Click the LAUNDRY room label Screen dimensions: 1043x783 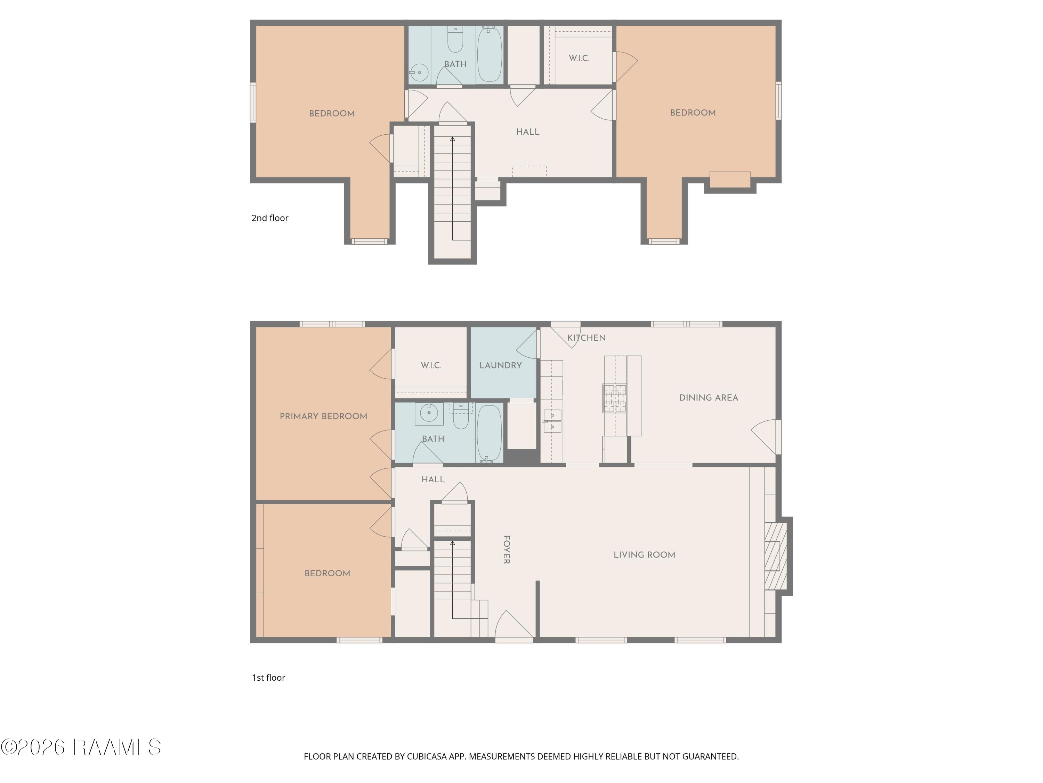(500, 365)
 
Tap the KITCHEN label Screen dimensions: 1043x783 (586, 338)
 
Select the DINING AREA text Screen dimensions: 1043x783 (708, 398)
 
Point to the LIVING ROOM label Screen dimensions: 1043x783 (644, 555)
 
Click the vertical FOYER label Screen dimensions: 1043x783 (507, 549)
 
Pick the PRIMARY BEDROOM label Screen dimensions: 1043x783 (323, 416)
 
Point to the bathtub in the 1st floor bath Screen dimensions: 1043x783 (489, 433)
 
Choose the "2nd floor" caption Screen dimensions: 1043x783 (270, 218)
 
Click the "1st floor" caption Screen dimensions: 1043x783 (268, 678)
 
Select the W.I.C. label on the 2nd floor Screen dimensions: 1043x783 (579, 58)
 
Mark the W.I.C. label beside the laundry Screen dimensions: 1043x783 (431, 365)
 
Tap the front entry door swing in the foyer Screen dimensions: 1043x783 (514, 625)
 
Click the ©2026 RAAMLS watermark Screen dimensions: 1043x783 (81, 747)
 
